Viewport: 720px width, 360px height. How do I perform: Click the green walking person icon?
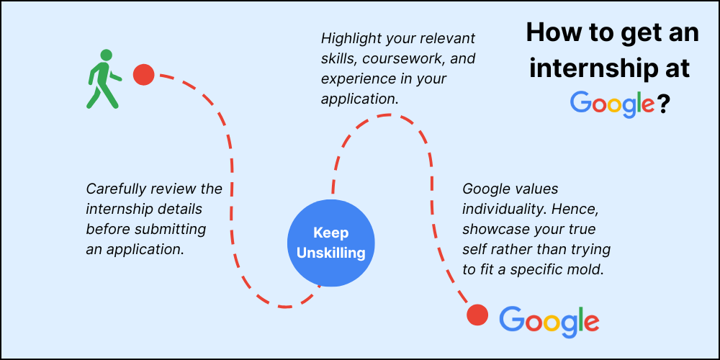pyautogui.click(x=104, y=79)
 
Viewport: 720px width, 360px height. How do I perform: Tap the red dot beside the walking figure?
pyautogui.click(x=144, y=75)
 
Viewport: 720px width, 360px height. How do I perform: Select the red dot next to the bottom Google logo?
pyautogui.click(x=477, y=315)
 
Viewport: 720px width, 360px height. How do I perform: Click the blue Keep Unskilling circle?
pyautogui.click(x=331, y=243)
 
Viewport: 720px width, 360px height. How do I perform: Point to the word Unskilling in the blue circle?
pyautogui.click(x=331, y=253)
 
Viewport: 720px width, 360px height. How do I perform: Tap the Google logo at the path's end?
pyautogui.click(x=549, y=320)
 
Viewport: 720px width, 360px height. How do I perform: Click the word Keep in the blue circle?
pyautogui.click(x=330, y=233)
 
